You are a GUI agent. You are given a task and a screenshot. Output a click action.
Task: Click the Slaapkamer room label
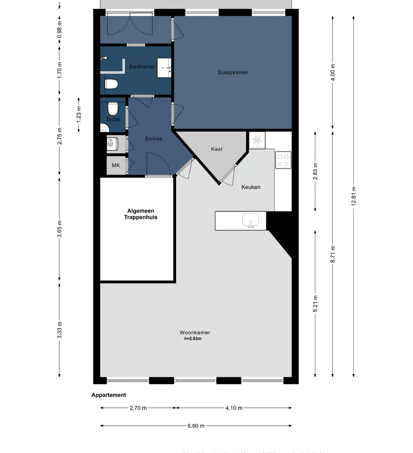[x=233, y=72]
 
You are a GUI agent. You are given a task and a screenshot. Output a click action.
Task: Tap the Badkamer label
[x=142, y=67]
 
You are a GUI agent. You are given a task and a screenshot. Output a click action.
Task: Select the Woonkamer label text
[x=194, y=333]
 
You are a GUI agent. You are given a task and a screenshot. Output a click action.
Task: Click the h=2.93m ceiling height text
[x=193, y=339]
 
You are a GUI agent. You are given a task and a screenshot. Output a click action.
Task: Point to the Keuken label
[x=251, y=187]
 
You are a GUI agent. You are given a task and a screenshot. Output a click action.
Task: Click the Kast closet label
[x=217, y=149]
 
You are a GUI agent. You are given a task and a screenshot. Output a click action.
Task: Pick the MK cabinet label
[x=116, y=166]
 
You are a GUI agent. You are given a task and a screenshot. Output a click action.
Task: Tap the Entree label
[x=154, y=139]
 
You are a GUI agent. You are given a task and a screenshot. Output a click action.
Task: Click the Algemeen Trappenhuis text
[x=141, y=214]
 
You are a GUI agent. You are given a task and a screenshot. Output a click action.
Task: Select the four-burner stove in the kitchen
[x=283, y=160]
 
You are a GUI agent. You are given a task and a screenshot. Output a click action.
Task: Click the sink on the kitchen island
[x=251, y=220]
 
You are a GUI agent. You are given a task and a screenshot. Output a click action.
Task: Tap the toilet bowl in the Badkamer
[x=111, y=84]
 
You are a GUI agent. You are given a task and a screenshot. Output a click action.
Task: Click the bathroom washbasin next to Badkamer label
[x=164, y=68]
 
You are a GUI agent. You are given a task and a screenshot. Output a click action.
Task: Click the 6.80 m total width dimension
[x=196, y=426]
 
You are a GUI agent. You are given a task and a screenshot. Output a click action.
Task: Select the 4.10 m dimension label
[x=234, y=408]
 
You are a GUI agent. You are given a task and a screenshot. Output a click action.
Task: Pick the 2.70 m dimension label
[x=138, y=408]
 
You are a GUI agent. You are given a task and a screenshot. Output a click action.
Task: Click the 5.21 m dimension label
[x=315, y=304]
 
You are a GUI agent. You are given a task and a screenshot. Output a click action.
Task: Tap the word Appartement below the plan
[x=109, y=395]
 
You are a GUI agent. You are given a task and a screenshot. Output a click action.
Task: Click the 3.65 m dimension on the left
[x=59, y=229]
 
